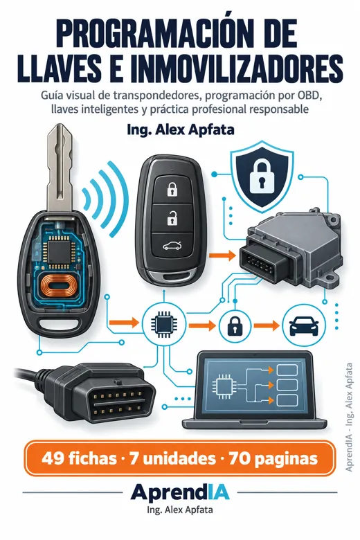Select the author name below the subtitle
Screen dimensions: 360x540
(x=181, y=130)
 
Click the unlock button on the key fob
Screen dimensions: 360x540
(x=170, y=218)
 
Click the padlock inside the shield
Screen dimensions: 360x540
(x=262, y=176)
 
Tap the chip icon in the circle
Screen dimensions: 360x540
(x=164, y=325)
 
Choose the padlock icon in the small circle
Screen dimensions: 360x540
(x=235, y=325)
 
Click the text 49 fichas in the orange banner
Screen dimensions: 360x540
(x=79, y=458)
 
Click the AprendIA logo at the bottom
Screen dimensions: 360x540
(x=180, y=492)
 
